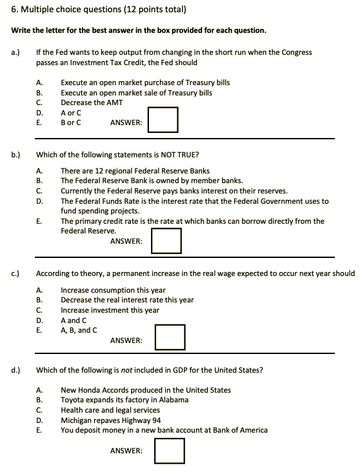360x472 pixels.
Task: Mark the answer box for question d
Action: pos(170,451)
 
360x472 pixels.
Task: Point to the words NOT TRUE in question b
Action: pos(180,155)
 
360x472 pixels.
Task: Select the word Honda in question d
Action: pos(91,389)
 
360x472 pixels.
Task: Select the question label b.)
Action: pos(16,155)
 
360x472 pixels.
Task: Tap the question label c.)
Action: pos(16,273)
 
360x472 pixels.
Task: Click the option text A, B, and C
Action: pos(79,329)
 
